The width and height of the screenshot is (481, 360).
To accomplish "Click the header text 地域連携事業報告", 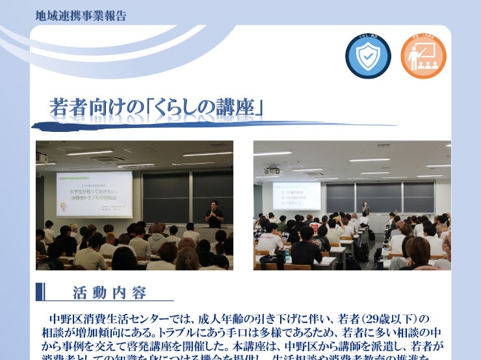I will click(x=81, y=16).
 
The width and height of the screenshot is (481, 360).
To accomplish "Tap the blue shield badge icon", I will click(x=368, y=57).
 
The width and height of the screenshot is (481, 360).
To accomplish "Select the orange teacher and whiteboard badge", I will click(x=423, y=57).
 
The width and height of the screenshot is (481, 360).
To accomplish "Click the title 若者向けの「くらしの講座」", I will click(x=156, y=107).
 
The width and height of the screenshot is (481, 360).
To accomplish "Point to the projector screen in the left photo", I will click(x=94, y=194).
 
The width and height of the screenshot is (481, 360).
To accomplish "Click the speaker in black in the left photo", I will click(x=214, y=214).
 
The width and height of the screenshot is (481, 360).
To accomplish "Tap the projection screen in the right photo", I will click(x=296, y=196).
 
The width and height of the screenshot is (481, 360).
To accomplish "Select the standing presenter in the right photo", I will click(x=365, y=208).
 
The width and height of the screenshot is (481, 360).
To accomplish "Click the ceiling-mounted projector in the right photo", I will click(x=274, y=170).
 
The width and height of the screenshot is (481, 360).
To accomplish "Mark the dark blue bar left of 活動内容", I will click(x=40, y=291).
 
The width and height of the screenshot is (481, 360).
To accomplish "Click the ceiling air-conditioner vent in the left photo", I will click(x=107, y=159).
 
